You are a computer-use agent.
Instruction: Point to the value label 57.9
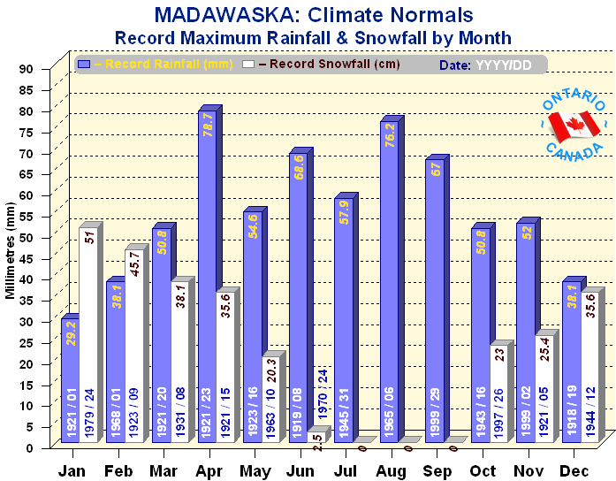pos(344,214)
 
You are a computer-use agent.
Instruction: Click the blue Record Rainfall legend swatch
pos(84,64)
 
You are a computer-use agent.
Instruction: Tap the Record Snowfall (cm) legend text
pos(327,65)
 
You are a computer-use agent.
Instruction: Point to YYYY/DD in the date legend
pos(504,65)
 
